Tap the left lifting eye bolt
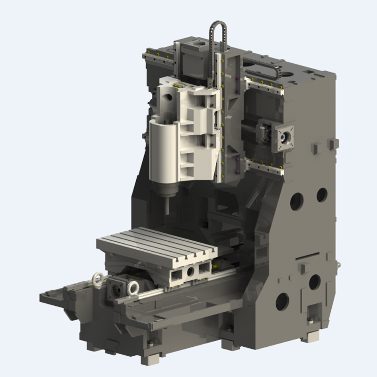pyautogui.click(x=98, y=279)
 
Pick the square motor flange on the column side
pyautogui.click(x=285, y=137)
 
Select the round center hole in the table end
pyautogui.click(x=190, y=272)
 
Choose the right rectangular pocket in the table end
pyautogui.click(x=204, y=268)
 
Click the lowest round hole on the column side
pyautogui.click(x=282, y=302)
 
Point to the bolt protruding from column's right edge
pyautogui.click(x=337, y=265)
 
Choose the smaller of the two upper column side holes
pyautogui.click(x=322, y=194)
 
